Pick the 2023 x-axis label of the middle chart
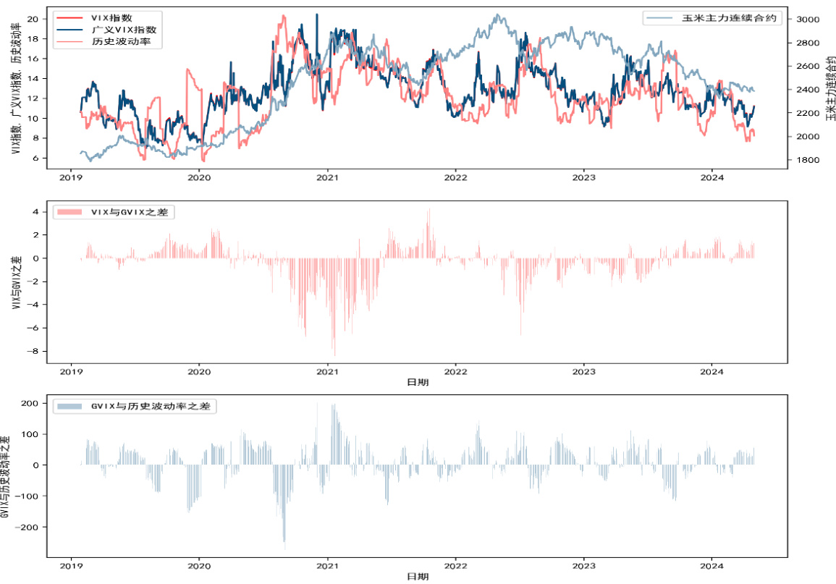(584, 371)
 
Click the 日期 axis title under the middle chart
(417, 382)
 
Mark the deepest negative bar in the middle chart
(334, 353)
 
